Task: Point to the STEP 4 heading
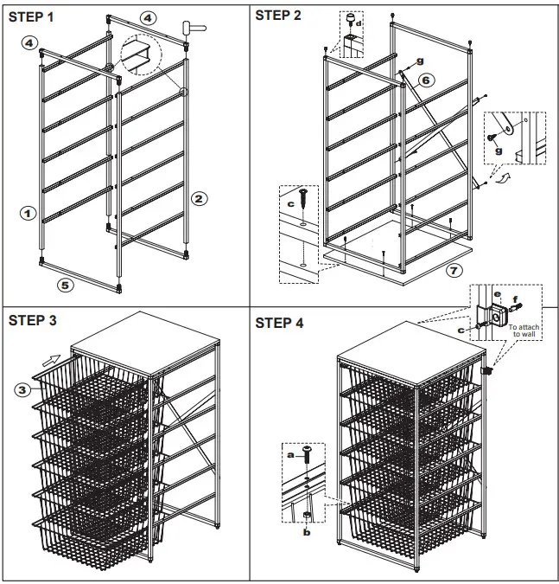pos(279,323)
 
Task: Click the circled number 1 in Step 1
pos(28,211)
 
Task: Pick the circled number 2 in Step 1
pos(198,199)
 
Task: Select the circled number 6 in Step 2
pos(425,80)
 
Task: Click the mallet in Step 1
pos(194,28)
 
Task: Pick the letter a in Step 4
pos(290,452)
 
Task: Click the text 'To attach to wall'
pos(526,330)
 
